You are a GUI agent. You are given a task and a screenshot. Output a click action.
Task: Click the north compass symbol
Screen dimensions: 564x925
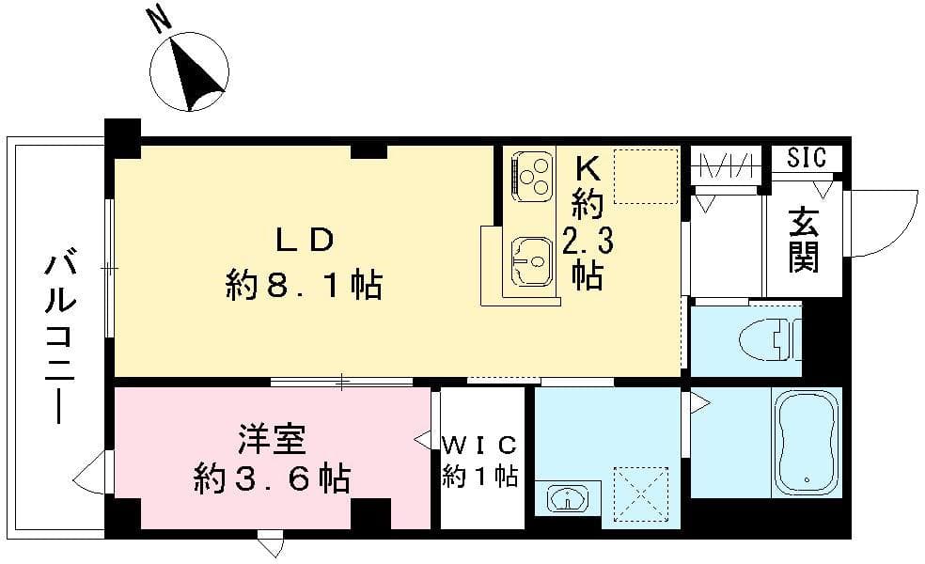click(x=191, y=71)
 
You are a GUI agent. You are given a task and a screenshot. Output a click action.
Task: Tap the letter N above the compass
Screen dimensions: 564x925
click(x=159, y=19)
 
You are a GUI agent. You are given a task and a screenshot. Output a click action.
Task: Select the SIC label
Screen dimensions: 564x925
click(x=807, y=157)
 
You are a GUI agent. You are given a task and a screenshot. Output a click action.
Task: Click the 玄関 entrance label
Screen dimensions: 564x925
click(x=803, y=242)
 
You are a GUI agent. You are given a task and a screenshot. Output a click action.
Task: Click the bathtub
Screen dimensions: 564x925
click(x=806, y=442)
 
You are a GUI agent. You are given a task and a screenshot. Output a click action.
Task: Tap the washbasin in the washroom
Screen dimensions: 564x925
click(x=568, y=498)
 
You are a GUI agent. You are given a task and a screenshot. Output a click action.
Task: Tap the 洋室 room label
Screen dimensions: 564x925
click(x=274, y=438)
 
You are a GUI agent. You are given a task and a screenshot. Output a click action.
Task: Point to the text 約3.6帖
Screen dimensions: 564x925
click(x=272, y=479)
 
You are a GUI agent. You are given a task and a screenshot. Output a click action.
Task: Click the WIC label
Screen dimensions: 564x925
click(x=481, y=443)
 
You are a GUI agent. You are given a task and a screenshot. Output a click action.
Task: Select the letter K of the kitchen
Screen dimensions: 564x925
click(x=588, y=166)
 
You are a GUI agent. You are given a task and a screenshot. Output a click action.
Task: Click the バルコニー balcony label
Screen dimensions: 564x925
click(x=59, y=338)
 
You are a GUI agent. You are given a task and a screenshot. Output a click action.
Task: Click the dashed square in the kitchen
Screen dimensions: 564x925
click(x=645, y=175)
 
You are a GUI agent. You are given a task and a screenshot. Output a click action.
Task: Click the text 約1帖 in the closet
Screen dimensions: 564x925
click(x=481, y=477)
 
